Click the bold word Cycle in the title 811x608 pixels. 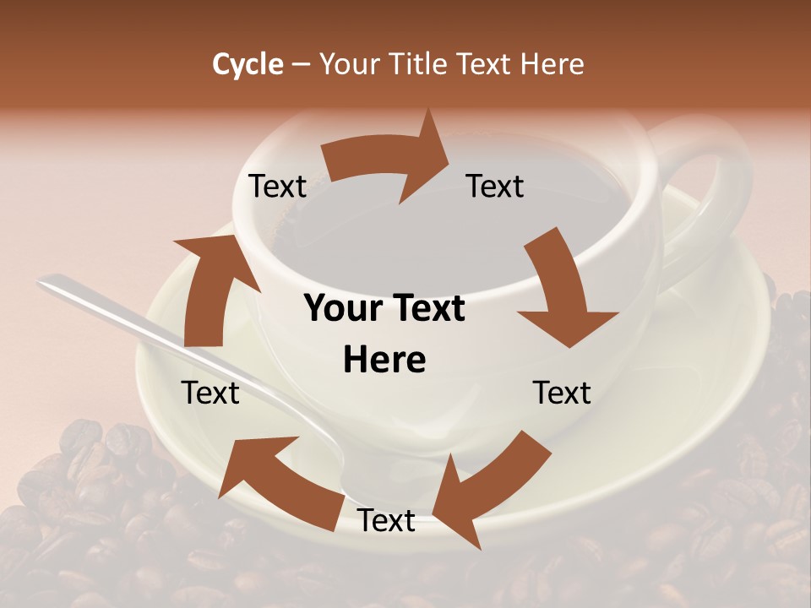(x=248, y=64)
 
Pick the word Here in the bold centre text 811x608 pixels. (x=384, y=361)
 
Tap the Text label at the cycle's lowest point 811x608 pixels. (x=386, y=521)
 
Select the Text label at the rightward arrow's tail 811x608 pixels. (x=277, y=187)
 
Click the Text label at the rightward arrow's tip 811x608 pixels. (x=495, y=187)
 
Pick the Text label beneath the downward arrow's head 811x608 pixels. (x=562, y=393)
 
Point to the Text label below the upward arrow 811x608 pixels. (x=210, y=393)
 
